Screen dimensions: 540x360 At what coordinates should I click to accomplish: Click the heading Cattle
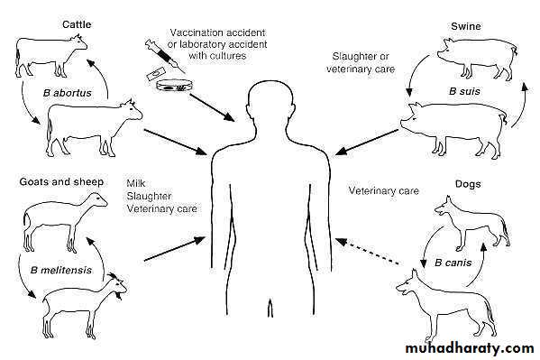point(77,24)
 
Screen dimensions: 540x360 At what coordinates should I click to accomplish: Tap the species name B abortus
point(68,93)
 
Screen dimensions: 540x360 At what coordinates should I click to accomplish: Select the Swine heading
point(465,26)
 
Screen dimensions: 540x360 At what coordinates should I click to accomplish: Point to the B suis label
point(464,91)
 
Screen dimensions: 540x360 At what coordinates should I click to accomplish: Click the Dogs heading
point(468,184)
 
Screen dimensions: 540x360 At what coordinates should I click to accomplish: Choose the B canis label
point(453,263)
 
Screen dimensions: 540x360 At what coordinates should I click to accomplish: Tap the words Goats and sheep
point(61,181)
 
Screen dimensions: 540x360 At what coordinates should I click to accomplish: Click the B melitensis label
point(61,270)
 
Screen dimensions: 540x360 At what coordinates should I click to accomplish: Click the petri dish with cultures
point(174,85)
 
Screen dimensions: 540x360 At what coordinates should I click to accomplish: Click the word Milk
point(136,183)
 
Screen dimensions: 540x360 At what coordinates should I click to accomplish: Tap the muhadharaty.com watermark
point(470,348)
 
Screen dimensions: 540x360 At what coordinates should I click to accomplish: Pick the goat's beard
point(120,296)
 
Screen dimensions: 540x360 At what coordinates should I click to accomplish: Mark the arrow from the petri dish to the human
point(212,106)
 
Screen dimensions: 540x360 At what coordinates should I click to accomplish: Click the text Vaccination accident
point(217,32)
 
